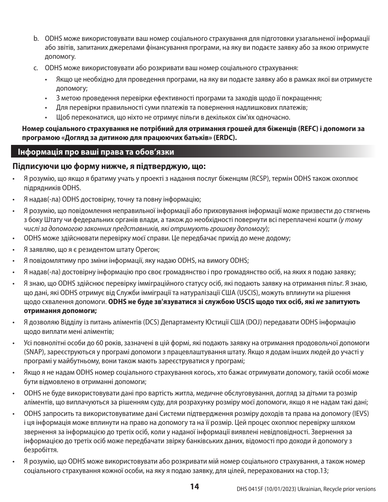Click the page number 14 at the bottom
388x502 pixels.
(x=194, y=486)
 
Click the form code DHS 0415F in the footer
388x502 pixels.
(x=250, y=489)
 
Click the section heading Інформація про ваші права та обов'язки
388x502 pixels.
(x=96, y=152)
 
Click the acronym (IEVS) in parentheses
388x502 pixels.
(x=361, y=413)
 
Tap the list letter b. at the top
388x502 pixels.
(x=36, y=38)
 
